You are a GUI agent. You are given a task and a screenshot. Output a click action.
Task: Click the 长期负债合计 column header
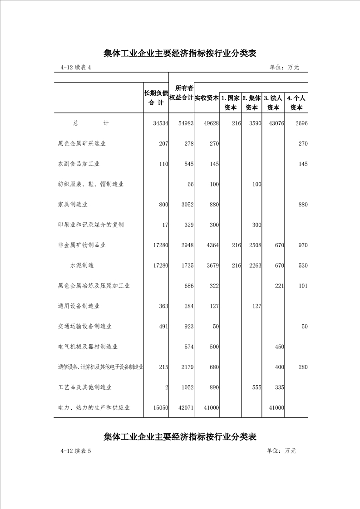[x=156, y=98]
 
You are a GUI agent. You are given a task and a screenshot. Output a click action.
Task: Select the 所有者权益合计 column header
[x=182, y=92]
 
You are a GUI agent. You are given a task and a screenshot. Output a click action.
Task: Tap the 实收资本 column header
[x=207, y=98]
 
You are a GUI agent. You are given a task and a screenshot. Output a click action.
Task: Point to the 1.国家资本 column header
[x=230, y=103]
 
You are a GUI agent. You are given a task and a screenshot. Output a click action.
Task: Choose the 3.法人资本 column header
[x=273, y=103]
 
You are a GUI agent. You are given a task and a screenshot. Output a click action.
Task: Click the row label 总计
[x=91, y=123]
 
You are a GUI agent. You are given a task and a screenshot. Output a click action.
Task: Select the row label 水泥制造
[x=82, y=265]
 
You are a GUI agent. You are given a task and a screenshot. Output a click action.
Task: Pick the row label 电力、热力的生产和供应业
[x=94, y=408]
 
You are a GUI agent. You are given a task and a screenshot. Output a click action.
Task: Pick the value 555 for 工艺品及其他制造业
[x=256, y=387]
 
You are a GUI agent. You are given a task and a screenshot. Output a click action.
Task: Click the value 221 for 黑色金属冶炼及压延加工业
[x=278, y=286]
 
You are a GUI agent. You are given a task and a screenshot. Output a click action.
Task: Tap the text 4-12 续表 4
[x=75, y=68]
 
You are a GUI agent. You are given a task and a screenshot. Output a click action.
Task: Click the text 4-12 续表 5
[x=75, y=451]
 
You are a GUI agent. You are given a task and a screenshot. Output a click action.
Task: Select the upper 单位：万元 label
[x=284, y=68]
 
